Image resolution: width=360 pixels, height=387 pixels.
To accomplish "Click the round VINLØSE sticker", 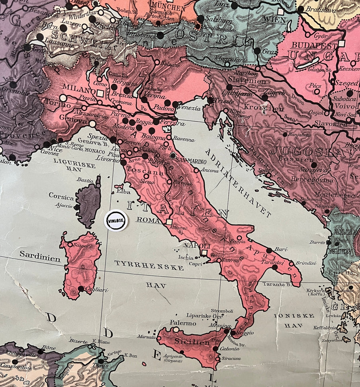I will (115, 220).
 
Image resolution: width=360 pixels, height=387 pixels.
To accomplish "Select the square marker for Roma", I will (169, 222).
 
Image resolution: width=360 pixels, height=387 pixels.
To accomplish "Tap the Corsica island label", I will (61, 197).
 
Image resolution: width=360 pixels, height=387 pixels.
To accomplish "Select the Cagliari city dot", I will (81, 288).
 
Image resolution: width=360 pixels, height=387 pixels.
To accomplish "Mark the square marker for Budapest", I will (341, 44).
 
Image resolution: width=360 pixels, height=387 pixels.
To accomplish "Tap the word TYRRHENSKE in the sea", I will (149, 265).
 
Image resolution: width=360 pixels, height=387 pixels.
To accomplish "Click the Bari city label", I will (281, 249).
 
